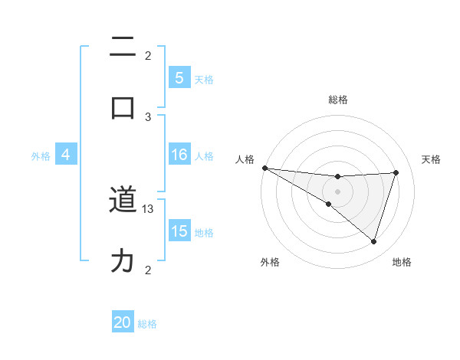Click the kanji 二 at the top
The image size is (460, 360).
pyautogui.click(x=123, y=47)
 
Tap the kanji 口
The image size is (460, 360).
pyautogui.click(x=123, y=107)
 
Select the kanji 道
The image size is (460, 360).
pyautogui.click(x=123, y=201)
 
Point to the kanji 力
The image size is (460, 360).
pyautogui.click(x=123, y=262)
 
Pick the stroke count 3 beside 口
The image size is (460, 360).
pyautogui.click(x=149, y=116)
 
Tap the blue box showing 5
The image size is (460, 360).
pyautogui.click(x=179, y=77)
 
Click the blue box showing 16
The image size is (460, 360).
pyautogui.click(x=179, y=155)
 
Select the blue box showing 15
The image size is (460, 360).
pyautogui.click(x=179, y=231)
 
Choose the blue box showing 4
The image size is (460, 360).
pyautogui.click(x=66, y=155)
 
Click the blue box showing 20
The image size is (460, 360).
pyautogui.click(x=123, y=322)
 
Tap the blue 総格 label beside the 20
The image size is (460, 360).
pyautogui.click(x=147, y=324)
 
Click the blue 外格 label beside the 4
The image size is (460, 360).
pyautogui.click(x=41, y=155)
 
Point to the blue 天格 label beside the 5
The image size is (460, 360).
pyautogui.click(x=204, y=79)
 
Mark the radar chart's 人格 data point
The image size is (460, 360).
pyautogui.click(x=264, y=167)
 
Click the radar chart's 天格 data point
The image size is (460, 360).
pyautogui.click(x=396, y=172)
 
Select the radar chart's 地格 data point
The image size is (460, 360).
pyautogui.click(x=374, y=242)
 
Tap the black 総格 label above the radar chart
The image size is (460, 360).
pyautogui.click(x=338, y=100)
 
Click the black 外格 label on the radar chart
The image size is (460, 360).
pyautogui.click(x=270, y=262)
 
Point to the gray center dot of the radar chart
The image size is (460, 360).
pyautogui.click(x=338, y=191)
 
